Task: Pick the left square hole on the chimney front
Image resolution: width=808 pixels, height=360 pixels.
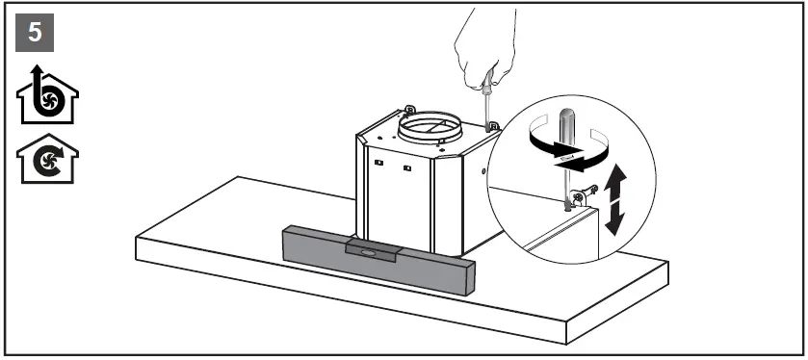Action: tap(378, 166)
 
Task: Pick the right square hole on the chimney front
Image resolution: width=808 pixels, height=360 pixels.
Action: tap(408, 168)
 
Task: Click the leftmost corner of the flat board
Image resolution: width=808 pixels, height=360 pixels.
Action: tap(137, 241)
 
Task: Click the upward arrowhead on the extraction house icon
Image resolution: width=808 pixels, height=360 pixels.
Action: tap(37, 72)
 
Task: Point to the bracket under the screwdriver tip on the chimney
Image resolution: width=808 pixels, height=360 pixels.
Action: tap(491, 126)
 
